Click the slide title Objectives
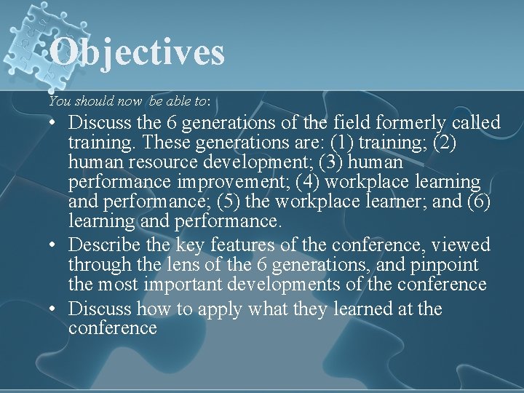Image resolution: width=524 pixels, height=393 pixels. (138, 52)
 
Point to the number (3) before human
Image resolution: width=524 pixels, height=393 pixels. (333, 162)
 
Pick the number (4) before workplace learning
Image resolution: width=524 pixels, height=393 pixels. (309, 181)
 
